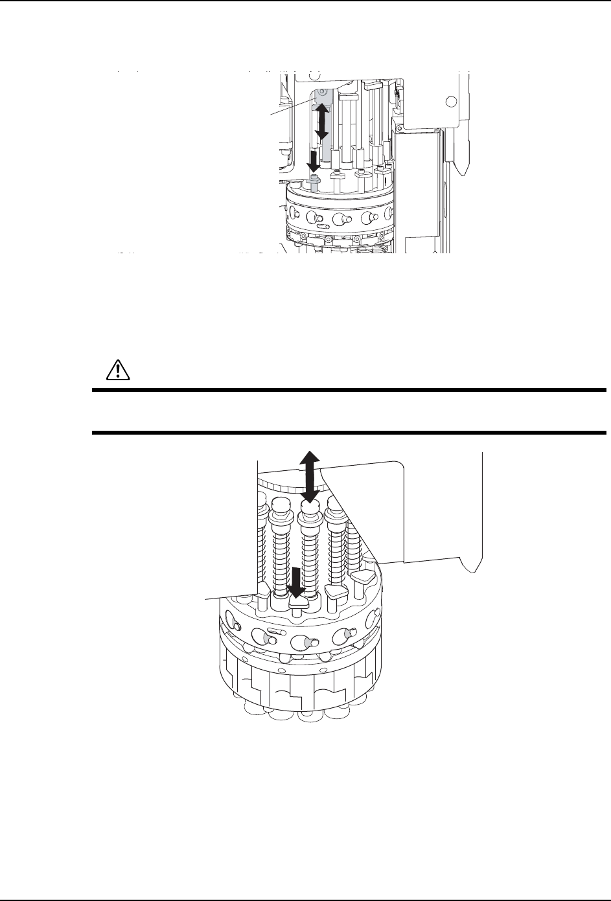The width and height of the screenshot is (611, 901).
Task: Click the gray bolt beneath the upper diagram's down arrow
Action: tap(315, 181)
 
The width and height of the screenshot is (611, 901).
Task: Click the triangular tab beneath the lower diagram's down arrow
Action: tap(299, 602)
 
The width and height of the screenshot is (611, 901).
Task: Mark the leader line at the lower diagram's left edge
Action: tap(233, 595)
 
